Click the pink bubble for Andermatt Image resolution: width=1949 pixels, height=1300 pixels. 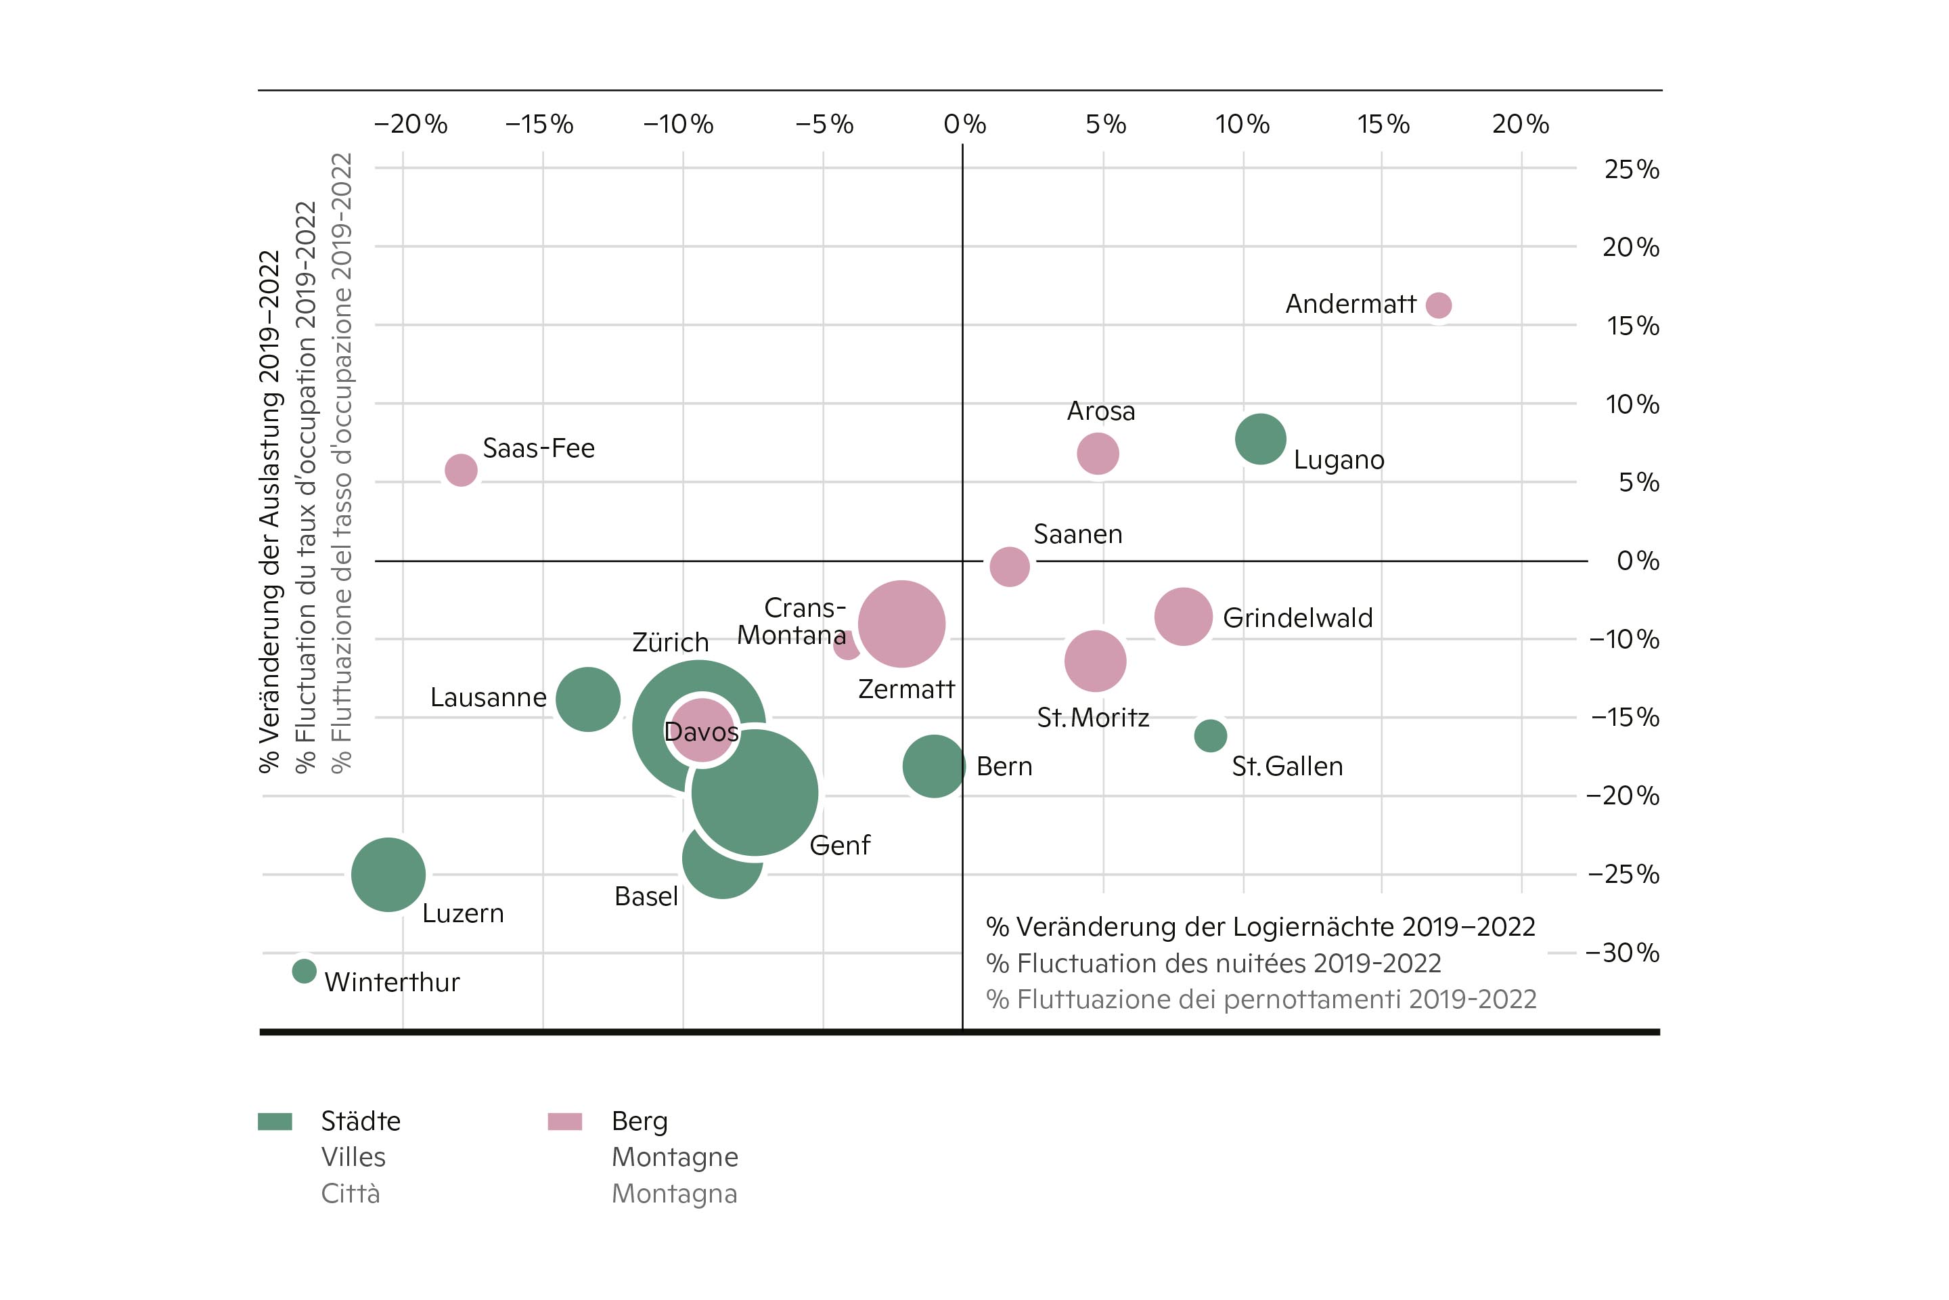[1439, 305]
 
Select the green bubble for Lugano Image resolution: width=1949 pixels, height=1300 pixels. [1260, 439]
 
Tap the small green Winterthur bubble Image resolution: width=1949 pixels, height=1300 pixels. [304, 971]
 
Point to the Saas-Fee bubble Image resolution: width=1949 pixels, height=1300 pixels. [461, 470]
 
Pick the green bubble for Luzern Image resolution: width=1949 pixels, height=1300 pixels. [388, 874]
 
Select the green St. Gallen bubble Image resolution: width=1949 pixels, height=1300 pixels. [1210, 735]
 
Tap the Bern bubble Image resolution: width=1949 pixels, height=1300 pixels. [934, 766]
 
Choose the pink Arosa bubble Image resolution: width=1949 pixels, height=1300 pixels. [1098, 454]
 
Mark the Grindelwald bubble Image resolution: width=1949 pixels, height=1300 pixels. [1184, 617]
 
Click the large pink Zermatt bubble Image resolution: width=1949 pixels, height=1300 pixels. [901, 624]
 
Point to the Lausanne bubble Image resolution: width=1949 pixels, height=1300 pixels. [587, 699]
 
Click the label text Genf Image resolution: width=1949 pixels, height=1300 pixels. [839, 846]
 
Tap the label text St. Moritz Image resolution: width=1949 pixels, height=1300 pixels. [1093, 717]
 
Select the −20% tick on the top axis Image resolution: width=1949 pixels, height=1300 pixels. [410, 125]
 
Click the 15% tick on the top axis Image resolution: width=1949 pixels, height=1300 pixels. [1383, 125]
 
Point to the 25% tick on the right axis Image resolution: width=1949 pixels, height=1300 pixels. [1631, 169]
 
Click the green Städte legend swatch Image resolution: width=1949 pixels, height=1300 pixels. [275, 1122]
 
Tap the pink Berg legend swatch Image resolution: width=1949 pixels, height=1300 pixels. [564, 1122]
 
